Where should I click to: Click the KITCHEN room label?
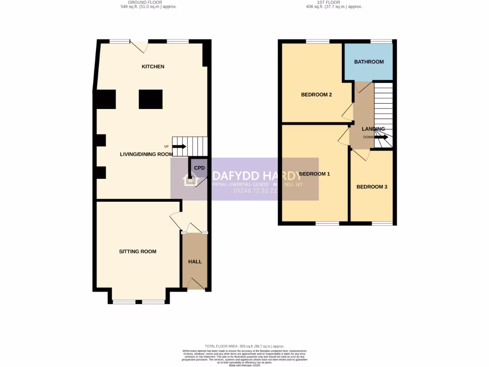coord(153,66)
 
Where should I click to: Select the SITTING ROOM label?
coord(138,251)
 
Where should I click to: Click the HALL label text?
coord(195,262)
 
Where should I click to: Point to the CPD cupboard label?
coord(199,168)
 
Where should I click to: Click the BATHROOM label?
coord(369,62)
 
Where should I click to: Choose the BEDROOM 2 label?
coord(316,95)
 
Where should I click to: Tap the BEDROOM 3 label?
coord(372,187)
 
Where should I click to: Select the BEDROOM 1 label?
coord(315,174)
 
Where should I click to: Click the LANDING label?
coord(373,129)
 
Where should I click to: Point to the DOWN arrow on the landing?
coord(382,137)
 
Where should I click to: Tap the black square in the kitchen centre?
coord(150,99)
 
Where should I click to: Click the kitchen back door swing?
coord(139,47)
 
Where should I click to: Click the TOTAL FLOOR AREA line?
coord(244,346)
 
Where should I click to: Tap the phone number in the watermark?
coord(255,191)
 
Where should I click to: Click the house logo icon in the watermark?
coord(190,180)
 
